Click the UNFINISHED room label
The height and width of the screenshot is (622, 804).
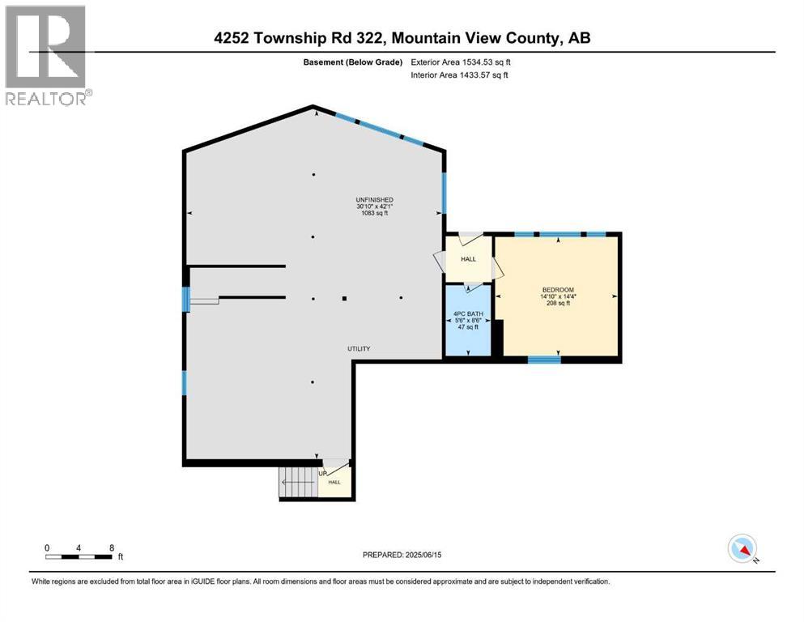coord(374,199)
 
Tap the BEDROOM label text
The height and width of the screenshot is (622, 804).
coord(558,290)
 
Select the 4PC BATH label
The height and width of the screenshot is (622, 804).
coord(468,313)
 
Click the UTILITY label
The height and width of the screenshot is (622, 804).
coord(359,349)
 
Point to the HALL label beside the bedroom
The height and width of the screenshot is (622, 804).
coord(468,259)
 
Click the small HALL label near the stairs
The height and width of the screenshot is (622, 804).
coord(334,482)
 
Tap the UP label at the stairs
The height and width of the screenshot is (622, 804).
coord(322,474)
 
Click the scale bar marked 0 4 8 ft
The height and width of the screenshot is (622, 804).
coord(79,556)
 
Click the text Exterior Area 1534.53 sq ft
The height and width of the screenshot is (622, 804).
coord(461,62)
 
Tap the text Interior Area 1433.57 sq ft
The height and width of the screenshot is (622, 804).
coord(460,75)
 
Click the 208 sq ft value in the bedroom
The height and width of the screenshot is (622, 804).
coord(558,304)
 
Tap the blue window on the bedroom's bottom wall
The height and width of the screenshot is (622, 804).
coord(544,358)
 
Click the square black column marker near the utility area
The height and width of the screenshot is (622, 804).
coord(344,298)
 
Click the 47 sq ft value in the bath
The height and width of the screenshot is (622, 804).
coord(468,327)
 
